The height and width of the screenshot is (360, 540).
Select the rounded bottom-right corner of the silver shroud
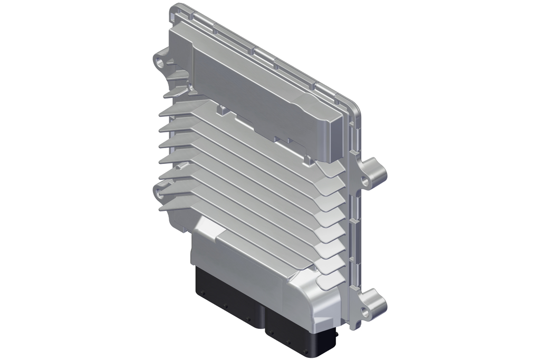click(324, 316)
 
